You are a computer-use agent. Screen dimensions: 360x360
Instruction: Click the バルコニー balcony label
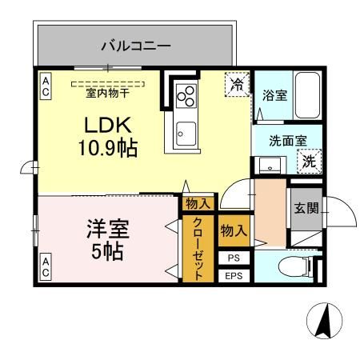[x=135, y=46]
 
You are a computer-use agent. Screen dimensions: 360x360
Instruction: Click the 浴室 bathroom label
[x=275, y=94]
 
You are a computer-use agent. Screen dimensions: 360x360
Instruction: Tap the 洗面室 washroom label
[x=287, y=139]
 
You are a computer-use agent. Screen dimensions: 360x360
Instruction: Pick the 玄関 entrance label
[x=304, y=210]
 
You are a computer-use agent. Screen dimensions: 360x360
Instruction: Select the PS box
[x=234, y=258]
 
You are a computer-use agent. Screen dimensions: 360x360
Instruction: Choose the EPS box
[x=234, y=276]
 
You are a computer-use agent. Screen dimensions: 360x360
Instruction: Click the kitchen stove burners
[x=186, y=95]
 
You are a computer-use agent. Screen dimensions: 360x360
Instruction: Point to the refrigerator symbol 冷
[x=237, y=82]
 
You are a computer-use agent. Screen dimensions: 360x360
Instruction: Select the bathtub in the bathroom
[x=308, y=94]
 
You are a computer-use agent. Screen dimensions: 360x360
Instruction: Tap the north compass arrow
[x=323, y=322]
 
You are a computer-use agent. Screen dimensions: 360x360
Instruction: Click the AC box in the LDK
[x=46, y=87]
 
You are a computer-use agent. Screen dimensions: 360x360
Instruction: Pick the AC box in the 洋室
[x=46, y=266]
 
